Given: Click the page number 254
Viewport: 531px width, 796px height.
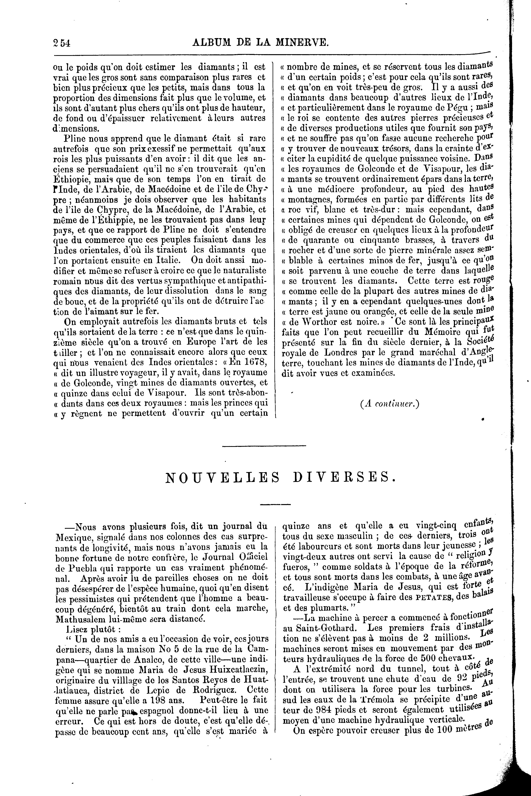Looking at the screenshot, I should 61,43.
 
